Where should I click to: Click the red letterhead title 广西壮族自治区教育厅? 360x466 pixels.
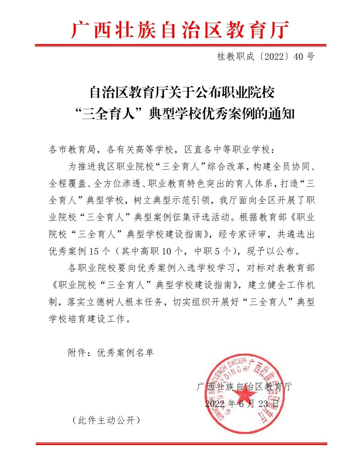coord(180,30)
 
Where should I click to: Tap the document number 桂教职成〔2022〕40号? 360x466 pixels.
coord(266,56)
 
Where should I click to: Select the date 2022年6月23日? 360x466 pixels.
coord(242,404)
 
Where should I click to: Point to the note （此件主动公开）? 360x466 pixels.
coord(106,420)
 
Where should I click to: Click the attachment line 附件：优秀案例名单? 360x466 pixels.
coord(111,353)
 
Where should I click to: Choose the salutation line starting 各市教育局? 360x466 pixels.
coord(162,149)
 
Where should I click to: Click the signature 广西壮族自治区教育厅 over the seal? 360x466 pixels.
coord(244,387)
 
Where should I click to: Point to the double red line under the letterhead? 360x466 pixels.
coord(180,45)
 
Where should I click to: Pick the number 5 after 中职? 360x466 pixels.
coord(217,251)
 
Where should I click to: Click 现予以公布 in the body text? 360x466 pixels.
coord(271,251)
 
